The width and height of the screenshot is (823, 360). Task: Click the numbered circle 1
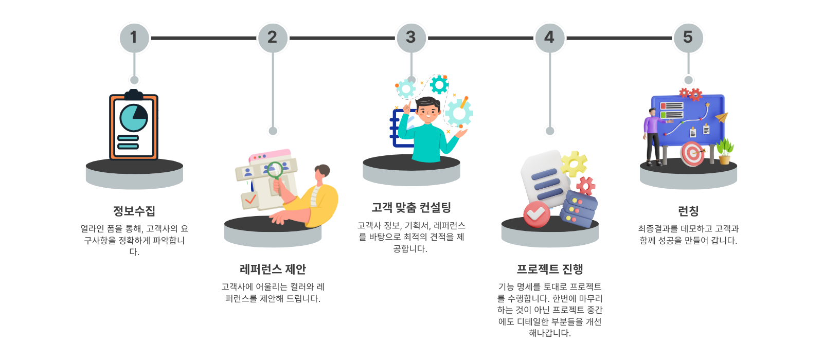click(134, 38)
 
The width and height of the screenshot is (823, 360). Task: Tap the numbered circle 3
click(411, 38)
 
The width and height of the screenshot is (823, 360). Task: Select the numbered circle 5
click(689, 38)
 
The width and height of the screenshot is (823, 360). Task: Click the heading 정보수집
click(134, 211)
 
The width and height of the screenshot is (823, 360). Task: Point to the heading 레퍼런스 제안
click(273, 269)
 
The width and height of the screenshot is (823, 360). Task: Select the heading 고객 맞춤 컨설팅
click(411, 208)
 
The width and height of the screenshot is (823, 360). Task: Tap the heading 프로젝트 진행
click(550, 269)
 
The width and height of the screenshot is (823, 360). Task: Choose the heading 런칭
click(689, 211)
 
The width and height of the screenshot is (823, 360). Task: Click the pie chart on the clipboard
click(134, 118)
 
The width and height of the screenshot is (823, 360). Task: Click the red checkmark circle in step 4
click(537, 214)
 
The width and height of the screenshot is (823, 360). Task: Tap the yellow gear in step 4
click(573, 164)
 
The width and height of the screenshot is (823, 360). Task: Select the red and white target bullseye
click(692, 154)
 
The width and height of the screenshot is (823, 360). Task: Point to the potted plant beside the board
click(725, 151)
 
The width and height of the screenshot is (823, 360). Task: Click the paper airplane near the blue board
click(722, 118)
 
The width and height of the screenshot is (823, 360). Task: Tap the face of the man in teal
click(428, 112)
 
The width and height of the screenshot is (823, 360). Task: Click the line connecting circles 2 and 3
click(343, 38)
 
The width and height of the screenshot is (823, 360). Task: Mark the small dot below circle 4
click(550, 131)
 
